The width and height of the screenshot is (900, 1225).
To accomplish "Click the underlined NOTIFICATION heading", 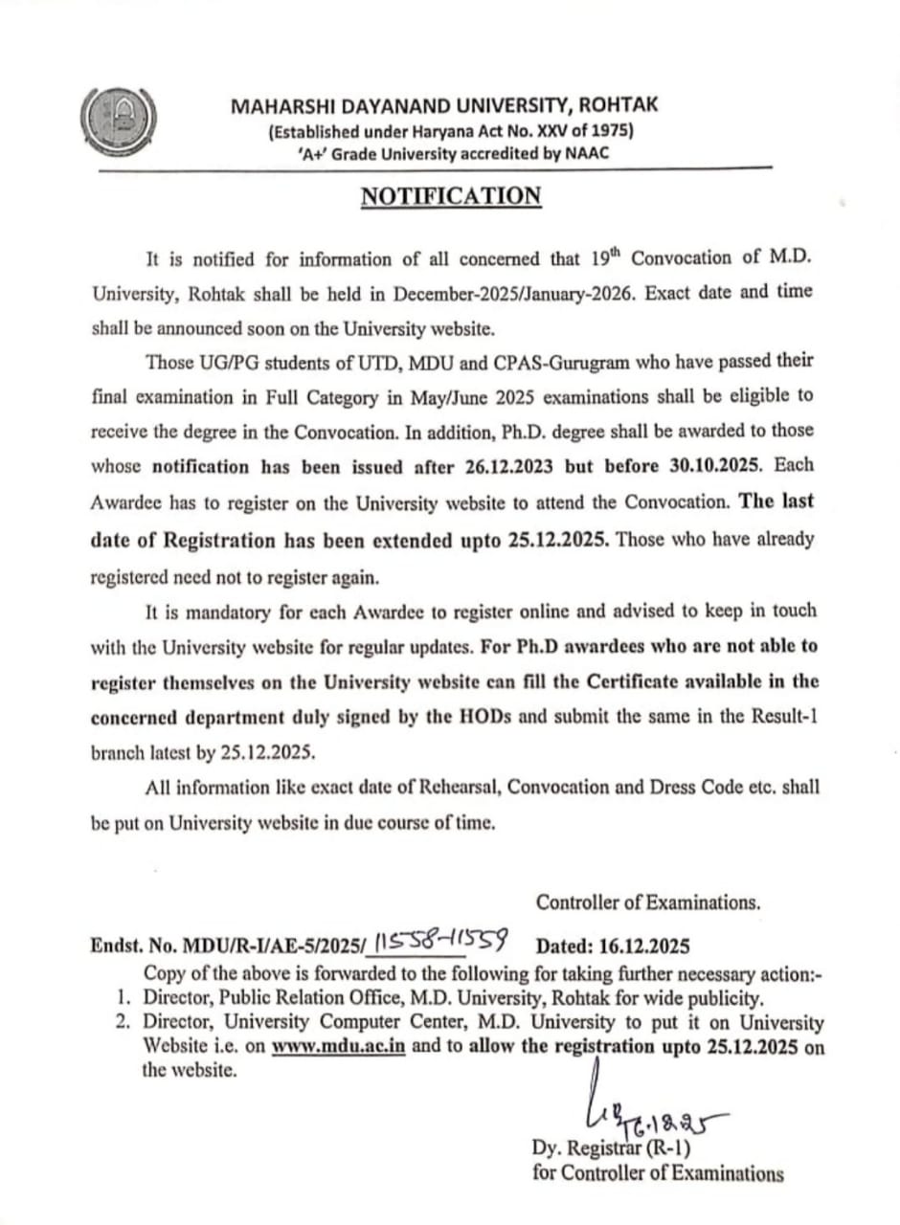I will point(450,196).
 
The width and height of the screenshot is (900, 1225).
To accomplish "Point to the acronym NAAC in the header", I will point(588,153).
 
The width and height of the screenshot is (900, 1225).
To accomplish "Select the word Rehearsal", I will point(454,788).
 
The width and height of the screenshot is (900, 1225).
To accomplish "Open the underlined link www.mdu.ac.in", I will point(339,1045).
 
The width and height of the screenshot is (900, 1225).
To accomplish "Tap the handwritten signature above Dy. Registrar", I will point(652,1116).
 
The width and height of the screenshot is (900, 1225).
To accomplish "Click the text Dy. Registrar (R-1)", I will point(611,1147).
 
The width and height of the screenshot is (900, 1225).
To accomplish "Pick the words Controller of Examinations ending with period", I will point(648,902).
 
